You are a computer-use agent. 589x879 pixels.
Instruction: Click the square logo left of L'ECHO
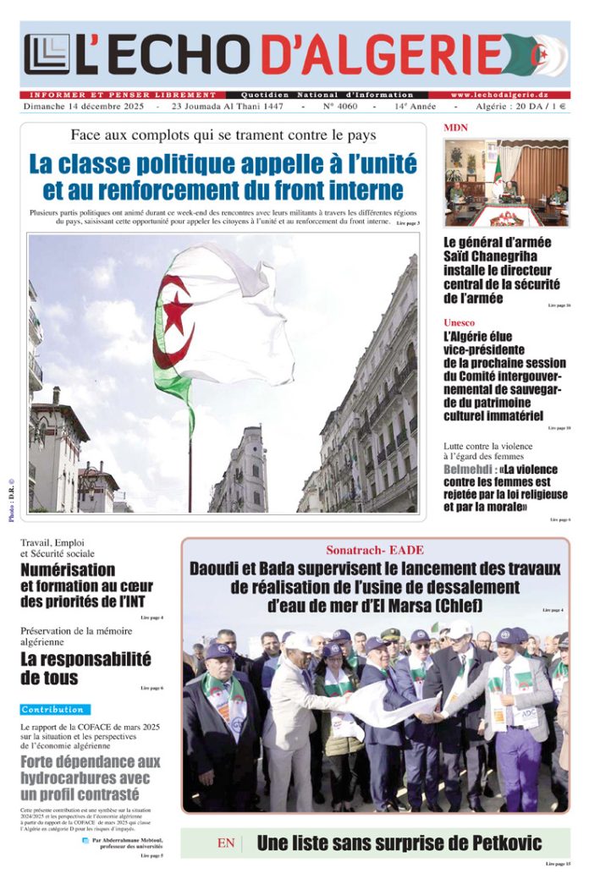click(x=47, y=54)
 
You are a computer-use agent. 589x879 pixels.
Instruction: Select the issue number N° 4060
click(x=337, y=107)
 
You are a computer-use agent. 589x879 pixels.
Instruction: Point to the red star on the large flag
click(x=177, y=312)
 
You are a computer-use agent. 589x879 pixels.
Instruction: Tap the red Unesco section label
click(x=460, y=322)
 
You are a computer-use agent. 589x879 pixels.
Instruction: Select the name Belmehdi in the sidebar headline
click(x=470, y=470)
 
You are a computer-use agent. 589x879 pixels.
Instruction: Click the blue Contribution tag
click(x=52, y=709)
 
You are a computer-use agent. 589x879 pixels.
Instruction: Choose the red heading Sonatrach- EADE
click(x=375, y=550)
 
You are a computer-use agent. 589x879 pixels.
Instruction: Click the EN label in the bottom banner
click(x=226, y=843)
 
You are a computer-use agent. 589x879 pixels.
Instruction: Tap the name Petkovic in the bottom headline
click(x=495, y=843)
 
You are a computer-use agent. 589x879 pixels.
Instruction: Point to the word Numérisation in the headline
click(x=68, y=569)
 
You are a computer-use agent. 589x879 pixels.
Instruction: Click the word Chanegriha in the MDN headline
click(x=516, y=256)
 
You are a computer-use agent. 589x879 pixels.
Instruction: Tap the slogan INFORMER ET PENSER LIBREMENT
click(x=122, y=95)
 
